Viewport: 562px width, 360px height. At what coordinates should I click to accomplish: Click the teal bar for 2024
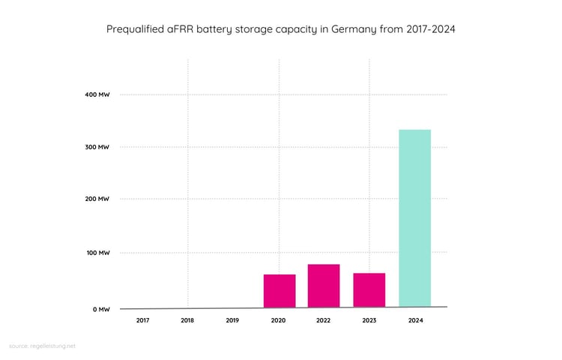(x=414, y=218)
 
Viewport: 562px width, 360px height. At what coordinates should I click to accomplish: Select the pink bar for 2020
(x=280, y=290)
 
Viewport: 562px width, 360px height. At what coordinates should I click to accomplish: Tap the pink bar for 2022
(x=324, y=285)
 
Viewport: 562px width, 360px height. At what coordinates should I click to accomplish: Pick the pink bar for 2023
(x=369, y=289)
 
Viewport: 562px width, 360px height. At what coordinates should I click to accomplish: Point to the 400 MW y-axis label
(x=98, y=94)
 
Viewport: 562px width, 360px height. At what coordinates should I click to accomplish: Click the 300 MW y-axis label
(x=98, y=147)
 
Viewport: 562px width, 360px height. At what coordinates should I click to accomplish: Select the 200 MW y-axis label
(x=98, y=199)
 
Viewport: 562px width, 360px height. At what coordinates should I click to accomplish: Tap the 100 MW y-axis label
(x=98, y=253)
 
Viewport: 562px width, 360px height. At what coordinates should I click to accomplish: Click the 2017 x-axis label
(x=142, y=321)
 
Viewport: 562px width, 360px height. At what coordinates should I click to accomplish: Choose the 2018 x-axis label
(x=187, y=321)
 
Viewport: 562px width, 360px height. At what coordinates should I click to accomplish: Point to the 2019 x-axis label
(x=232, y=321)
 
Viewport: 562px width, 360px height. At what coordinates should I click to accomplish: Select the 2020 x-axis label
(x=278, y=321)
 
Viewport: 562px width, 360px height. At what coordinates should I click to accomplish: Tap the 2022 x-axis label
(x=324, y=321)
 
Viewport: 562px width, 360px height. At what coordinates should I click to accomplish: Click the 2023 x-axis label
(x=369, y=321)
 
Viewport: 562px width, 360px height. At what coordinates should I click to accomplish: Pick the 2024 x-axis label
(x=414, y=321)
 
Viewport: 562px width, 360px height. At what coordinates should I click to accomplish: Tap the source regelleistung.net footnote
(x=43, y=346)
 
